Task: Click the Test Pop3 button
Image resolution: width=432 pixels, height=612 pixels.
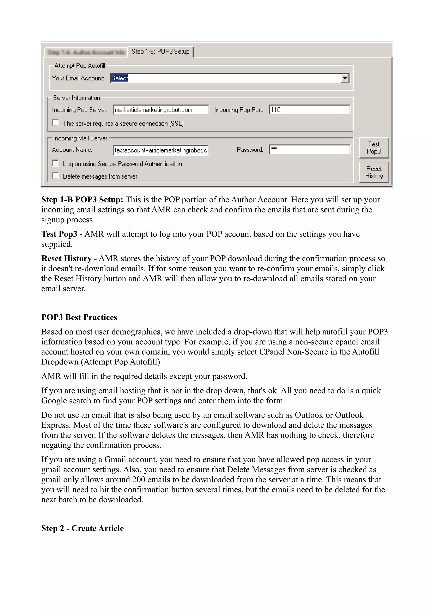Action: point(374,148)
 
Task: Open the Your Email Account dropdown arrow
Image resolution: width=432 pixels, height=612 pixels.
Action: point(345,78)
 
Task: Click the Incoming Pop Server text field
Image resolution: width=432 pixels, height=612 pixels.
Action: point(161,110)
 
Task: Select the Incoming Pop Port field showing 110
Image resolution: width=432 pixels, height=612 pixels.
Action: point(309,110)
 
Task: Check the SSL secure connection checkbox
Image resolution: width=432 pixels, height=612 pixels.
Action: point(55,123)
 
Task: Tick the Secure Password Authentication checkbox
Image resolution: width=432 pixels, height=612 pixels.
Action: point(55,163)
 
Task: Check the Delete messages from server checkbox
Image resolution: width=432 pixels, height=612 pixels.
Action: point(55,176)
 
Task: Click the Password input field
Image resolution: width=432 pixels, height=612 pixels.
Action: point(309,150)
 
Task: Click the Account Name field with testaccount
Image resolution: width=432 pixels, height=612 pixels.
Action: point(161,150)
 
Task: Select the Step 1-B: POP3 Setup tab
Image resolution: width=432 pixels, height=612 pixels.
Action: point(161,52)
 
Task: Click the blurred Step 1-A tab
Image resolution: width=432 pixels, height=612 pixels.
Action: point(86,52)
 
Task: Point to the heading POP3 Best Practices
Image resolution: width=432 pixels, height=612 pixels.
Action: point(79,317)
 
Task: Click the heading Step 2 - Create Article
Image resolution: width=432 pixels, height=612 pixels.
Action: point(82,528)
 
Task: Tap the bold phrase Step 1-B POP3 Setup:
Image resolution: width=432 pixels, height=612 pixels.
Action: point(82,199)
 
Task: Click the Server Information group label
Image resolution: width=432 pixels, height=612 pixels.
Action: point(77,98)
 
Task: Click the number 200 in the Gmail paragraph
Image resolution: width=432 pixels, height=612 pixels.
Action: point(138,480)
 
